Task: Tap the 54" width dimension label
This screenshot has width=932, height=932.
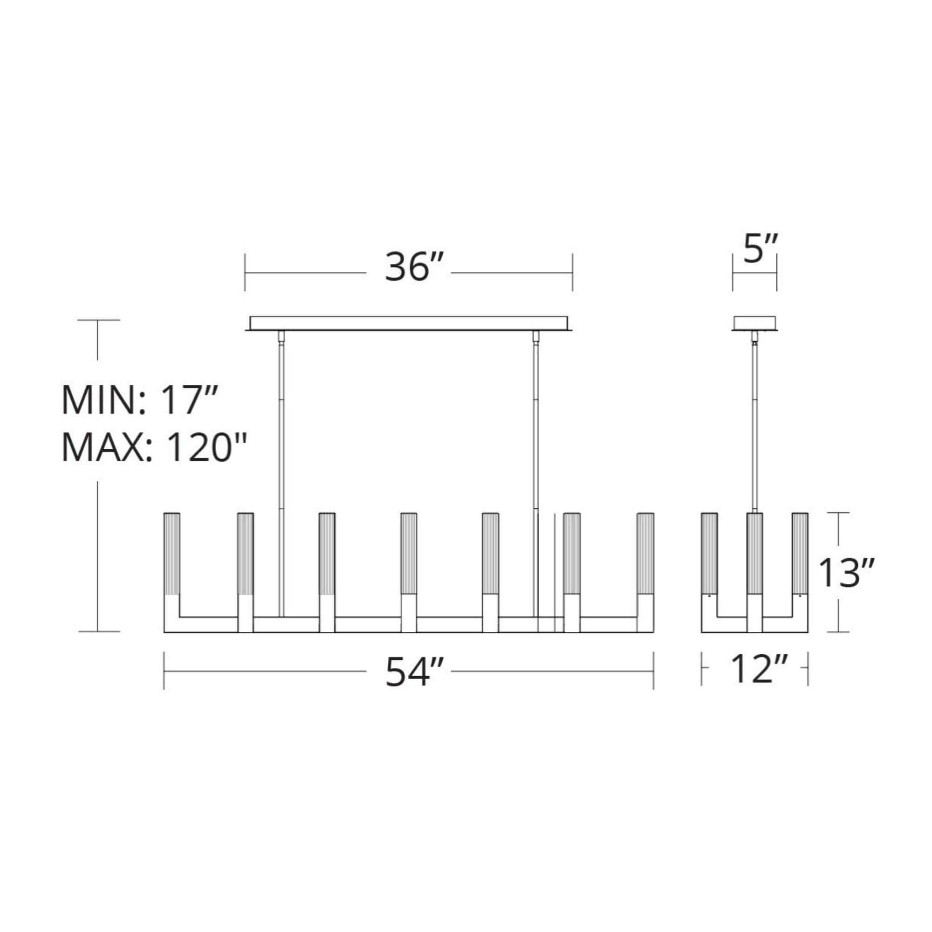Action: pyautogui.click(x=413, y=672)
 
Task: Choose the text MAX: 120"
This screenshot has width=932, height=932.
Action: pyautogui.click(x=154, y=447)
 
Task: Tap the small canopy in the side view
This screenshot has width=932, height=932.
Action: pyautogui.click(x=754, y=323)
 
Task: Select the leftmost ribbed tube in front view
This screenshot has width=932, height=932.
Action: pyautogui.click(x=172, y=554)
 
